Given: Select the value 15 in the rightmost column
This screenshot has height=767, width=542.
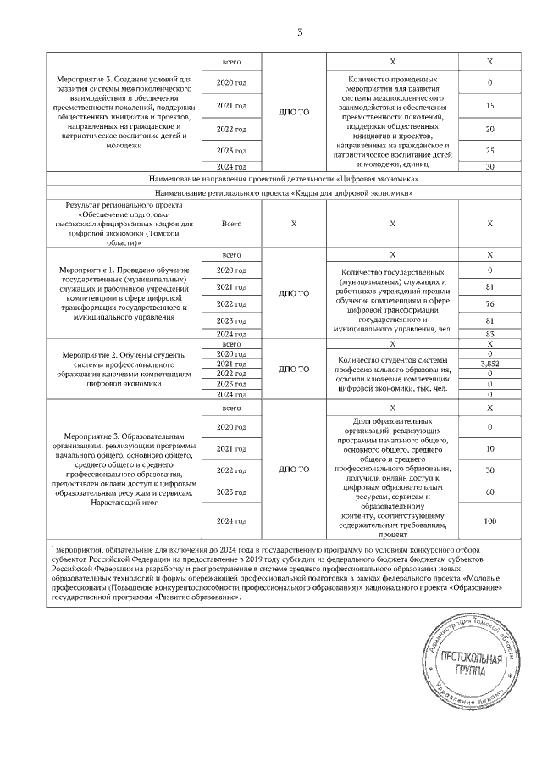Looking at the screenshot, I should coord(490,106).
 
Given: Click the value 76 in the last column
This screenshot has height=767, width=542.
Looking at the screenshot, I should coord(490,303).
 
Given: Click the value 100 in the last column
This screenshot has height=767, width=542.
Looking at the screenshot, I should coord(490,520).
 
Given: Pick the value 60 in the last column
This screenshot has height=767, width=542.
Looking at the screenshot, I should coord(490,492).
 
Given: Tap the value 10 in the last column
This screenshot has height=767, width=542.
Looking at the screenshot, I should coord(490,448).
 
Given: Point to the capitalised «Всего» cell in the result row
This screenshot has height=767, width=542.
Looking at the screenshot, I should coord(231,224).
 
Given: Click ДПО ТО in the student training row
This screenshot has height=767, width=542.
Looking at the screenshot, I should coord(294,369).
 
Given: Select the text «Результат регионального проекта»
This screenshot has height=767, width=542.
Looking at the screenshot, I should coord(122,206).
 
